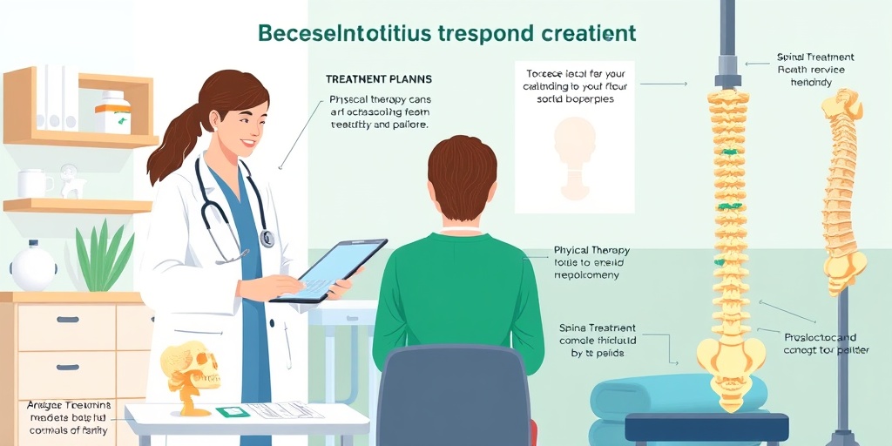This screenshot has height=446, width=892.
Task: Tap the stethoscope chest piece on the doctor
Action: pyautogui.click(x=267, y=237)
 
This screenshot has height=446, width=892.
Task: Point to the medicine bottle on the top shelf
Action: pyautogui.click(x=114, y=112)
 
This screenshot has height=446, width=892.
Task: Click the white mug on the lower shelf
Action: pyautogui.click(x=33, y=183)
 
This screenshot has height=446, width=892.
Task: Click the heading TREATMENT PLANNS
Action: pyautogui.click(x=379, y=79)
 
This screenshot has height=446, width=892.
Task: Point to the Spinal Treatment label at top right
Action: pyautogui.click(x=810, y=57)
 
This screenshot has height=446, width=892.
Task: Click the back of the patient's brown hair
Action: pyautogui.click(x=462, y=179)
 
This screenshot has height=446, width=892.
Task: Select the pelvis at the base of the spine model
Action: pyautogui.click(x=730, y=357)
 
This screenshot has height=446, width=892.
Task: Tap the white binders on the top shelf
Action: pyautogui.click(x=57, y=97)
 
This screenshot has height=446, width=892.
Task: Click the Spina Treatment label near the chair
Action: pyautogui.click(x=596, y=328)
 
